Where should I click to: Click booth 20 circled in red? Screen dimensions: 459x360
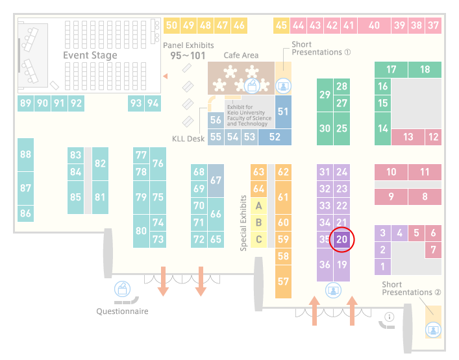[x=341, y=239]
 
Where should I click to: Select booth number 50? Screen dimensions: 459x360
[x=171, y=25]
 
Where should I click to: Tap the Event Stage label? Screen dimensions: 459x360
[x=90, y=55]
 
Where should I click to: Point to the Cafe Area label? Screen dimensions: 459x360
[x=241, y=55]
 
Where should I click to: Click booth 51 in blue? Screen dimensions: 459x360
[x=283, y=112]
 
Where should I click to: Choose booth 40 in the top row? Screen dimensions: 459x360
[x=374, y=25]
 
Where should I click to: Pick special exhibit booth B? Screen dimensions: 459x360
[x=259, y=222]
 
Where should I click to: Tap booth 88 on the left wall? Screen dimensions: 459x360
[x=25, y=154]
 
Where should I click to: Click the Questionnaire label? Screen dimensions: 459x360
[x=122, y=311]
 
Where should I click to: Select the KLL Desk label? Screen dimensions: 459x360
[x=188, y=139]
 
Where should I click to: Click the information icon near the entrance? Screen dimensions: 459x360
[x=390, y=317]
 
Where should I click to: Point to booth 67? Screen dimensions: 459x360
[x=216, y=180]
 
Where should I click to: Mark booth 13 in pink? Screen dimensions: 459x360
[x=408, y=137]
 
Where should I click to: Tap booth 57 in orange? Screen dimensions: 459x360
[x=283, y=282]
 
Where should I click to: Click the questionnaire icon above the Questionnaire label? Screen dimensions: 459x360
[x=122, y=289]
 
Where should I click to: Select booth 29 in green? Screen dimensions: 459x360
[x=325, y=95]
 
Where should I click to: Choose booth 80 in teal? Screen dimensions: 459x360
[x=141, y=231]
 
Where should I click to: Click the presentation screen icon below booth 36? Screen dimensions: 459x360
[x=333, y=290]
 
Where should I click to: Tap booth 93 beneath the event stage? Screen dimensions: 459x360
[x=136, y=103]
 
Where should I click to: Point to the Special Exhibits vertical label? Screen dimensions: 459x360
[x=243, y=223]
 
